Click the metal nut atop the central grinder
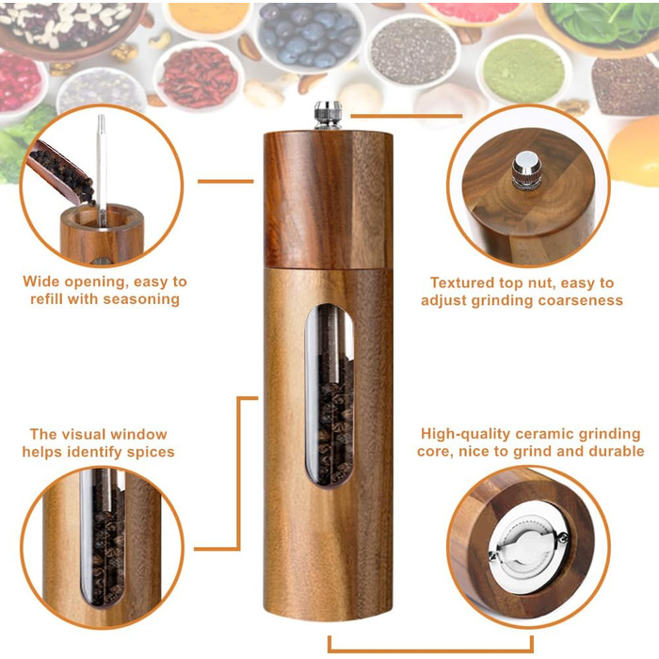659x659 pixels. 329,115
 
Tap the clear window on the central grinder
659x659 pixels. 329,396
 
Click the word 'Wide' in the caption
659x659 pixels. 40,281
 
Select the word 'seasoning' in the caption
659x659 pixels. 141,299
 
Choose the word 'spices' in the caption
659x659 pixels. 151,452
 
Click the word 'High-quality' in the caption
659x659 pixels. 466,434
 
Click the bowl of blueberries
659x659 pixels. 310,36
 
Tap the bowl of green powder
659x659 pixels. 523,71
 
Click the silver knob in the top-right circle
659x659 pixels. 526,170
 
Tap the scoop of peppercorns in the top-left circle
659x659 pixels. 61,172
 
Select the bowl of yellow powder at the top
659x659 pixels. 208,19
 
